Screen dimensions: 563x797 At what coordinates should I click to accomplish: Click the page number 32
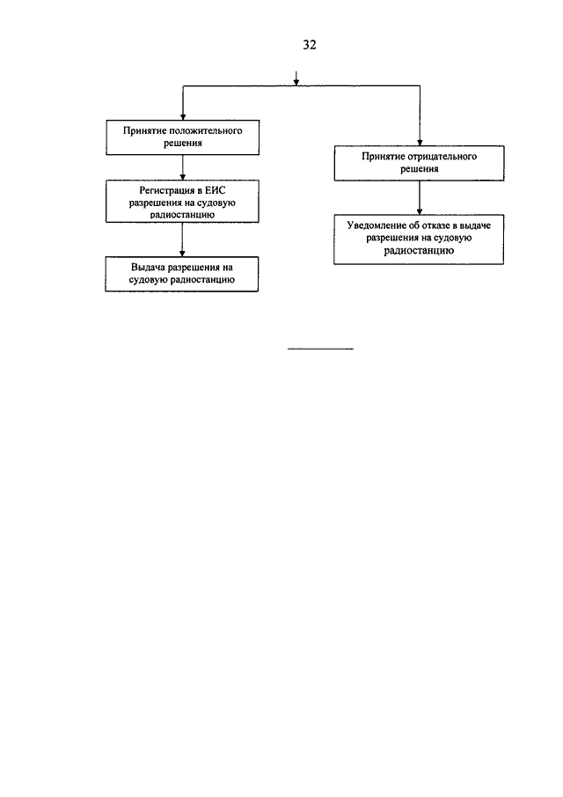click(x=309, y=45)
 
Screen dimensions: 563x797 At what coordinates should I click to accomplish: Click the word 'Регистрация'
click(x=167, y=191)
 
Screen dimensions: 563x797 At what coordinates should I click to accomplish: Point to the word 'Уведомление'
click(x=377, y=225)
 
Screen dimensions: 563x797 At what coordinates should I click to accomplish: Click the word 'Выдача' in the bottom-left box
click(x=148, y=268)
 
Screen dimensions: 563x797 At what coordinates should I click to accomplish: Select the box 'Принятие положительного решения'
click(x=183, y=137)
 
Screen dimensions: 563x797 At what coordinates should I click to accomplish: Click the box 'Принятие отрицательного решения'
click(x=420, y=163)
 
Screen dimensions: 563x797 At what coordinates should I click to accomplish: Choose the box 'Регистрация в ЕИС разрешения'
click(x=182, y=202)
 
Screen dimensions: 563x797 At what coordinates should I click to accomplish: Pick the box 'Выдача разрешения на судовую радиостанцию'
click(x=182, y=274)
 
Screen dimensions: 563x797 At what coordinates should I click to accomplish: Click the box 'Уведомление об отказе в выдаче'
click(x=419, y=240)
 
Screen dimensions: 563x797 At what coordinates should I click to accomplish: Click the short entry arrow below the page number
click(x=296, y=77)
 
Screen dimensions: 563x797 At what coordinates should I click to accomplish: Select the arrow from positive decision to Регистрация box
click(x=183, y=167)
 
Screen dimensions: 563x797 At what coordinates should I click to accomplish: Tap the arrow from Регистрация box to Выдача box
click(x=182, y=240)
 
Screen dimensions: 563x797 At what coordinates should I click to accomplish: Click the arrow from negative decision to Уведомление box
click(x=420, y=198)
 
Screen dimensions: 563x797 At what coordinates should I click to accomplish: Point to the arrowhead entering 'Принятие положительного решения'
click(x=183, y=117)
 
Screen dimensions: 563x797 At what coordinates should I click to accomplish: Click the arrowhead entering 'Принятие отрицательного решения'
click(x=420, y=143)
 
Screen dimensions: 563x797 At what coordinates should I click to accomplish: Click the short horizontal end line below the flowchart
click(x=320, y=349)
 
